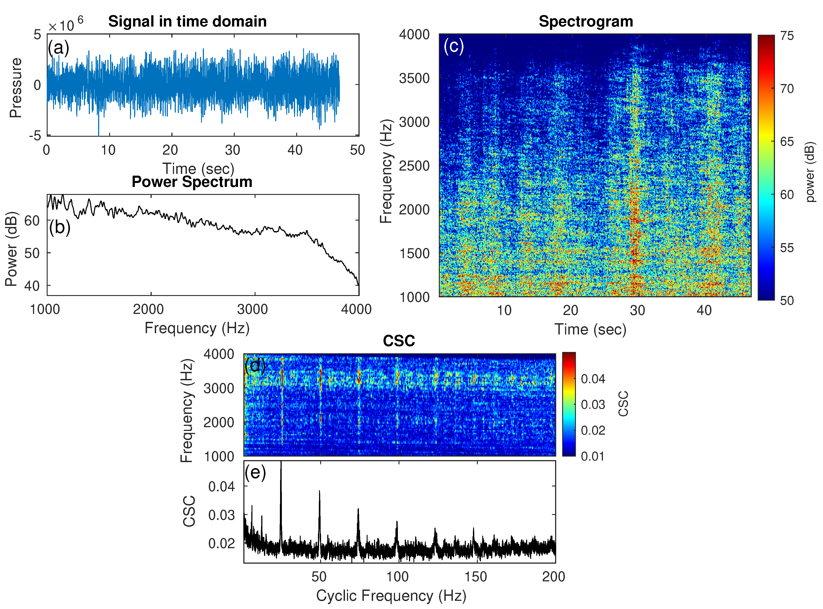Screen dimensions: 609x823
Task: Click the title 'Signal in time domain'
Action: [x=187, y=21]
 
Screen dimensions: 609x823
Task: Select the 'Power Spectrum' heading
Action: [x=192, y=182]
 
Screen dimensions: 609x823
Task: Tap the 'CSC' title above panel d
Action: [x=399, y=341]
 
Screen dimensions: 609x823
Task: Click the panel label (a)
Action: [x=58, y=48]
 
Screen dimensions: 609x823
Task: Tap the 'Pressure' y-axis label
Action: [x=15, y=88]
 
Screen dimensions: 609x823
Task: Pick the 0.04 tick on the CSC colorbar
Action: [x=593, y=378]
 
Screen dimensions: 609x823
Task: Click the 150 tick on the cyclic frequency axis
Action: [x=476, y=576]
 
